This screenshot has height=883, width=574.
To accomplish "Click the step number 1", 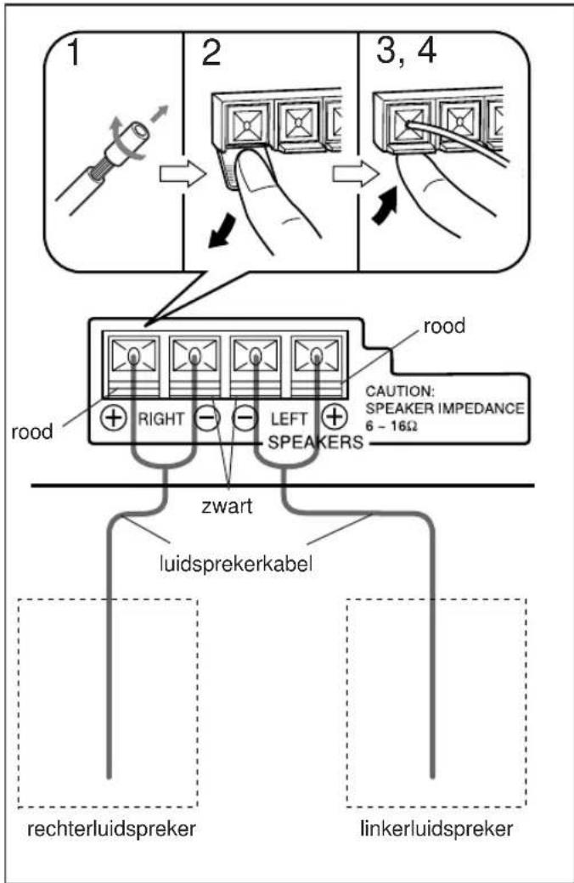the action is coord(74,53).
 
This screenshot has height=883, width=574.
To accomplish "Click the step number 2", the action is coord(211,53).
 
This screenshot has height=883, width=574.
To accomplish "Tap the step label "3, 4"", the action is coord(406,51).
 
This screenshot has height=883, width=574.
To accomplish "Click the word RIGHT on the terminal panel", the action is coord(161,419).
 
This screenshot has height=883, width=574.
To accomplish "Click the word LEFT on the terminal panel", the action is coord(289,419).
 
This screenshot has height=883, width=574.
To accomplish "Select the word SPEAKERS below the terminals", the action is coord(316,442).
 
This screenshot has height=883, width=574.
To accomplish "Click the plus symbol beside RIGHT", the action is coord(114,418).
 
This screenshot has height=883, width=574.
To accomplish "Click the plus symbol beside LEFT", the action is coord(334,417).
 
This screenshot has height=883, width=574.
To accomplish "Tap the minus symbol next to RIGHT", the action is coord(206,419).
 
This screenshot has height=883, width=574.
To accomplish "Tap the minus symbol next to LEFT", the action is coord(245,419).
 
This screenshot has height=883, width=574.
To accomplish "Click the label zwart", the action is coord(227,506).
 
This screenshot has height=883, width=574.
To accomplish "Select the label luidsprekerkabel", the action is coord(235,563).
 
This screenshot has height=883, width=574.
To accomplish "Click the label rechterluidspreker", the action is coord(111,829).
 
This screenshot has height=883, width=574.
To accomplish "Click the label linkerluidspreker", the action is coord(436,829).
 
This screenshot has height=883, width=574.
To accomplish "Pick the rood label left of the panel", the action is coord(31,432).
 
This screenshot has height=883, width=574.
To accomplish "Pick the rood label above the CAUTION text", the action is coord(444,326).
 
